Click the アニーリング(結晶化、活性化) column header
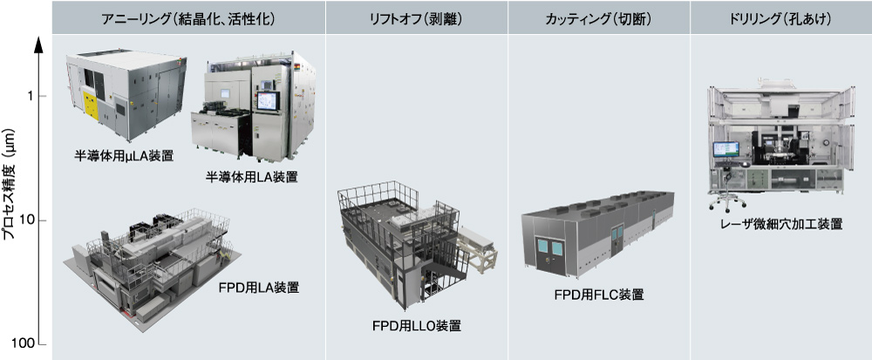[188, 18]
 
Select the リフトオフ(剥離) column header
[416, 18]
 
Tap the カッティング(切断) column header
[598, 18]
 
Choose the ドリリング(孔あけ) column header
[780, 18]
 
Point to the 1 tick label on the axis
[29, 97]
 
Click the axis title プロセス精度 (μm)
[10, 184]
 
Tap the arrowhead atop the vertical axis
[39, 45]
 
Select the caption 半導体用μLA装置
[124, 156]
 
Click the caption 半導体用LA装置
[251, 177]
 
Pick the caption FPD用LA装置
[260, 288]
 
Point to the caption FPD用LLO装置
[417, 325]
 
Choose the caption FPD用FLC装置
[599, 294]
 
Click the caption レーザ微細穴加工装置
[780, 224]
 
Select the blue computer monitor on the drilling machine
[726, 149]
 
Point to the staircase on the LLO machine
[439, 284]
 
